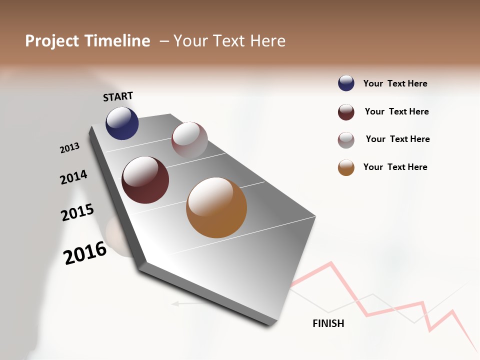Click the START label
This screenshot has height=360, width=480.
pos(118,96)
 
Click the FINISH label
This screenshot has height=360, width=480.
pos(328,323)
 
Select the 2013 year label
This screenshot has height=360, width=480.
pos(69,148)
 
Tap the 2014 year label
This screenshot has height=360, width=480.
pos(73,177)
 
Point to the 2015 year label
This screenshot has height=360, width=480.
pos(77,212)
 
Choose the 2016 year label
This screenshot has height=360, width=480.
pos(85,252)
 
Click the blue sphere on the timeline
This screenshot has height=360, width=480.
pos(122,123)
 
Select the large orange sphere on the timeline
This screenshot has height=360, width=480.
pos(216,207)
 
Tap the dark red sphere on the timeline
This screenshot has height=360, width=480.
pos(145,180)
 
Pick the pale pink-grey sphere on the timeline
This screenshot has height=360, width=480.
pos(189,139)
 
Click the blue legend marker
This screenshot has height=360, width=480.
pos(346,83)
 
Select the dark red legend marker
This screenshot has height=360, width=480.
pos(346,112)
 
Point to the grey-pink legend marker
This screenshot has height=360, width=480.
pos(346,140)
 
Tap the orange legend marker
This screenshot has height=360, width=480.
pos(346,167)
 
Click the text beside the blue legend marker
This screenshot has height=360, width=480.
pos(395,84)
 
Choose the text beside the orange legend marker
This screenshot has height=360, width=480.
pos(395,167)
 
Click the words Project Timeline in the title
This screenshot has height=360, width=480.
pos(87,41)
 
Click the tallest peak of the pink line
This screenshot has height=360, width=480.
pos(329,262)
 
